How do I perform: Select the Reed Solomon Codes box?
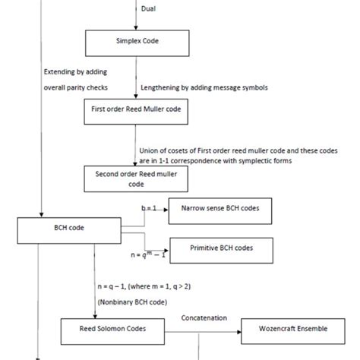click(x=114, y=329)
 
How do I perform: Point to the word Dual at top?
click(x=150, y=9)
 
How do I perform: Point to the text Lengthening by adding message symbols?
click(x=204, y=87)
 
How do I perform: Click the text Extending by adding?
click(x=76, y=71)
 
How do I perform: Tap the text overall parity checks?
click(x=76, y=87)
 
